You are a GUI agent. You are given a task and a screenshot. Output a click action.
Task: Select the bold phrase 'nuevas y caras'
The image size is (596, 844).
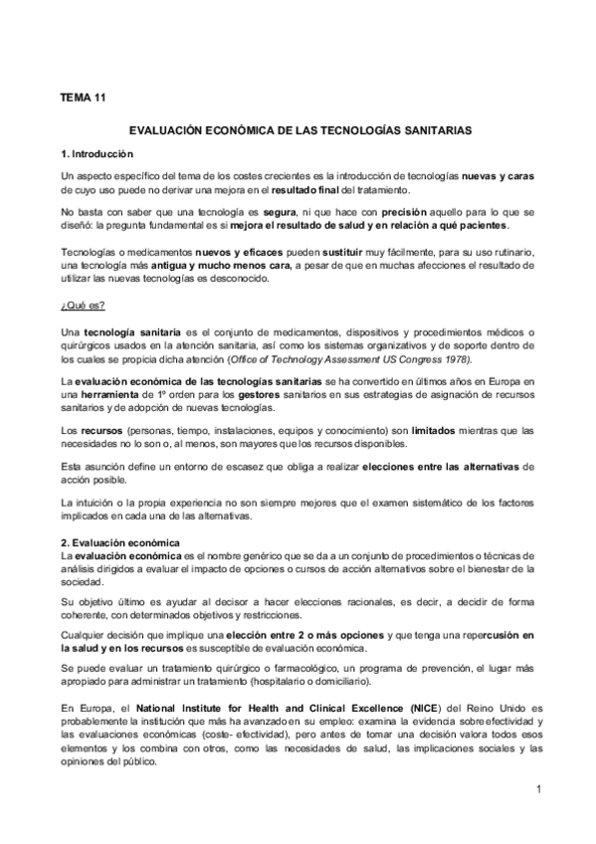point(498,174)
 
